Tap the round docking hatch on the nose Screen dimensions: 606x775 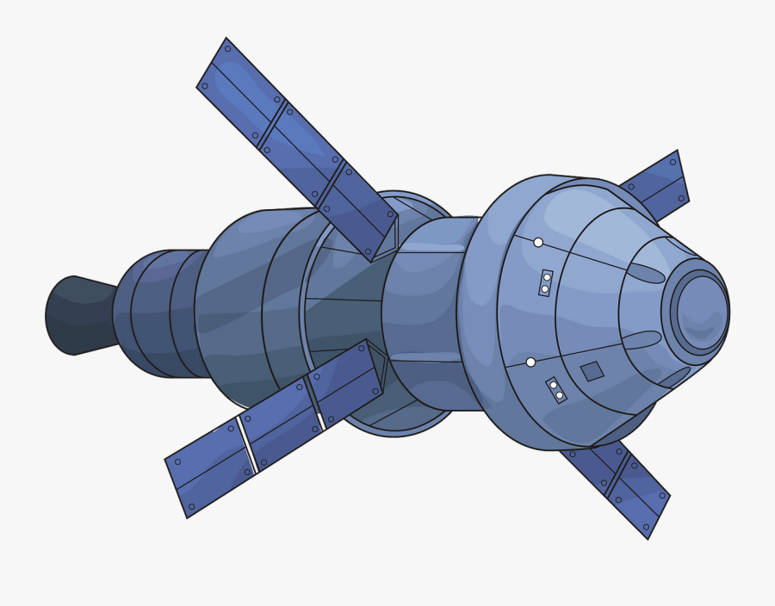point(700,312)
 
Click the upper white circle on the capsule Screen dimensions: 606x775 point(538,243)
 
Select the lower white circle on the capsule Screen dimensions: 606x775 point(530,362)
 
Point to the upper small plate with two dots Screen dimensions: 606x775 point(546,283)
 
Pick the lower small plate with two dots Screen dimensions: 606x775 point(556,390)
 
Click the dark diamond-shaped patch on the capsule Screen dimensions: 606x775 point(592,371)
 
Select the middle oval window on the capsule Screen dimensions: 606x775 point(642,340)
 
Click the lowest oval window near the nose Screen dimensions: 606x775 point(674,377)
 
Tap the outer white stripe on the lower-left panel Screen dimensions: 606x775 point(248,445)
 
